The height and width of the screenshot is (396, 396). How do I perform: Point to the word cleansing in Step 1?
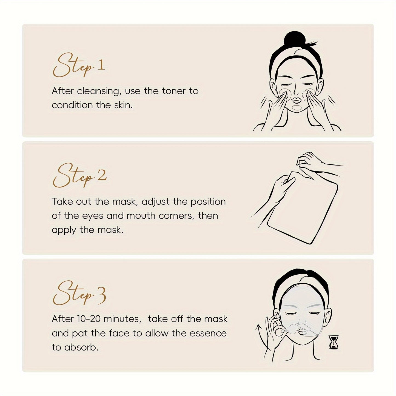pos(98,91)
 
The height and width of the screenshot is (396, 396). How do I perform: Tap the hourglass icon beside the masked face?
pos(334,343)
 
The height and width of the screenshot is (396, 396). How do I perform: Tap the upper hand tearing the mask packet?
pos(312,160)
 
